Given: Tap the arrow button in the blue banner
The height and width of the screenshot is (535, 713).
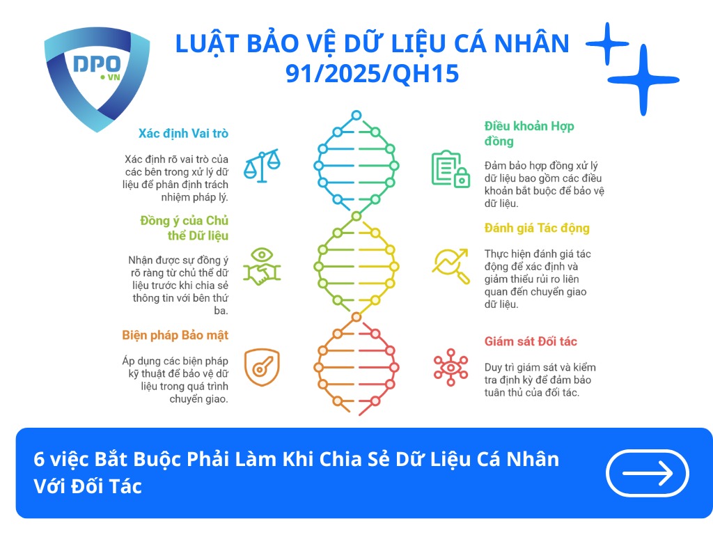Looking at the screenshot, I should pyautogui.click(x=648, y=474).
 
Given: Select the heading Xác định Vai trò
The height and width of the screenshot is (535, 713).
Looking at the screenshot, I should pyautogui.click(x=183, y=133).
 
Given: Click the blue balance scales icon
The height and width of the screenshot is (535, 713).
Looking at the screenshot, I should pyautogui.click(x=262, y=166).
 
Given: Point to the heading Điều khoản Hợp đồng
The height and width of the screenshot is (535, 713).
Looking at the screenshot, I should pyautogui.click(x=528, y=134).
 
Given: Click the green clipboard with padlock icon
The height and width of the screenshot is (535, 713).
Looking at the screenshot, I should pyautogui.click(x=450, y=169).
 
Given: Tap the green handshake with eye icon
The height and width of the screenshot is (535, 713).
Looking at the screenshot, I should pyautogui.click(x=262, y=265).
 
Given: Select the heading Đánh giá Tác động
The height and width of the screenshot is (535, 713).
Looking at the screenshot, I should pyautogui.click(x=537, y=228).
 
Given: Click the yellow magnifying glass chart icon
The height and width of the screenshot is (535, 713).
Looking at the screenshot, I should pyautogui.click(x=450, y=265).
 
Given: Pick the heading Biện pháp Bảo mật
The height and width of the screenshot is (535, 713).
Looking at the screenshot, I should pyautogui.click(x=175, y=335).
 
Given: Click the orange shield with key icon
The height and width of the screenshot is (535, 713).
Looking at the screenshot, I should pyautogui.click(x=262, y=367).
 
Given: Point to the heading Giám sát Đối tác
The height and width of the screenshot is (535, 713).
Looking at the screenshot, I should pyautogui.click(x=531, y=341).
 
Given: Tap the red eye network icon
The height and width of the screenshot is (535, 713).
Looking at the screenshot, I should pyautogui.click(x=450, y=367).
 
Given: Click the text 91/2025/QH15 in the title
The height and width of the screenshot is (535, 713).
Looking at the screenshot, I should pyautogui.click(x=373, y=73).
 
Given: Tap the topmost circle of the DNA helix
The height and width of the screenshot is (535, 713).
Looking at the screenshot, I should pyautogui.click(x=356, y=115).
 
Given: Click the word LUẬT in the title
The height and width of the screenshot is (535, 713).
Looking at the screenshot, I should pyautogui.click(x=201, y=44).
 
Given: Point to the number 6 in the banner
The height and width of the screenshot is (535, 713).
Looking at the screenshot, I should pyautogui.click(x=39, y=460).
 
